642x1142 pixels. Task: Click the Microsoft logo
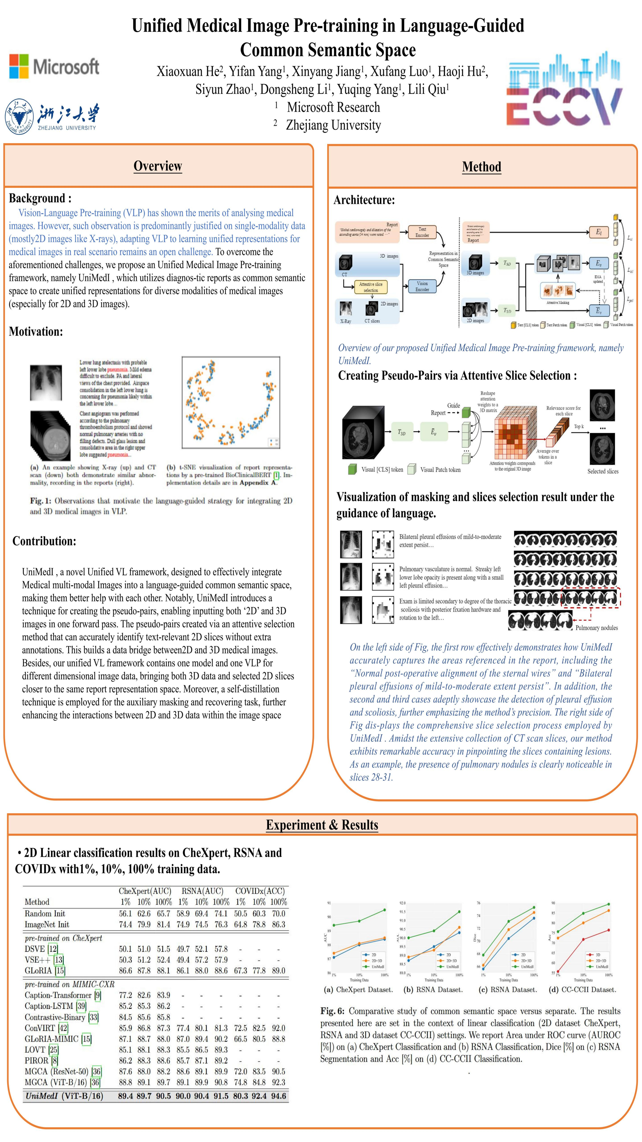pos(54,67)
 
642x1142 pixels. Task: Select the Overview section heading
pos(158,166)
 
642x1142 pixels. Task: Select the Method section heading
pos(481,167)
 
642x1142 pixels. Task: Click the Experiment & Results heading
pos(322,825)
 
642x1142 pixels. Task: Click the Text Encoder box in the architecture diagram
pos(422,232)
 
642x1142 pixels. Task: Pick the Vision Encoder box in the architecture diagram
pos(422,286)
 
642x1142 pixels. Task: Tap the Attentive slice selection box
pos(371,287)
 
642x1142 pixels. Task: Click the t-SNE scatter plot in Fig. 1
pos(230,402)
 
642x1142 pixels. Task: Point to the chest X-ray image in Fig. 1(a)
pos(46,383)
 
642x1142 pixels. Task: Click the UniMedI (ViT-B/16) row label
pos(64,1096)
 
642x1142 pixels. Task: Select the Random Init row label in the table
pos(45,913)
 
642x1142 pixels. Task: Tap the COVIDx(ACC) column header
pos(260,891)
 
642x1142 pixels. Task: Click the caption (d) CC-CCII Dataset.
pos(582,989)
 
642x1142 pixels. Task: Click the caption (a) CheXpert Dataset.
pos(358,989)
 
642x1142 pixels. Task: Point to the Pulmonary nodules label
pos(596,628)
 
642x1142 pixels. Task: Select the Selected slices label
pos(602,471)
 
